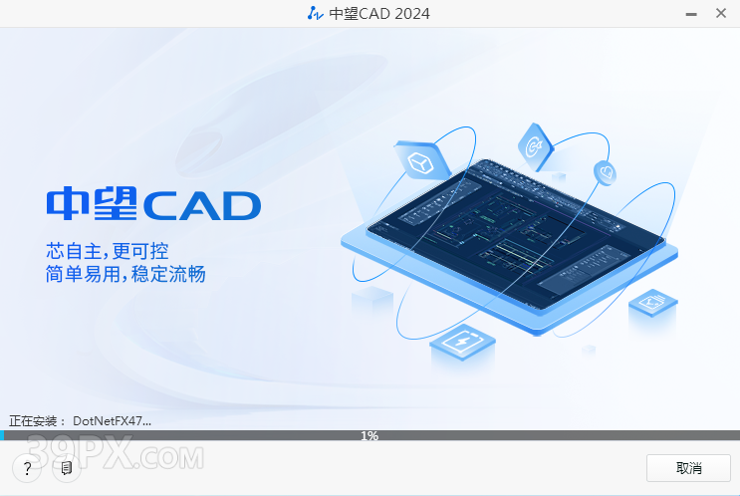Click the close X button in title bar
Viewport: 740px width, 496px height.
[721, 13]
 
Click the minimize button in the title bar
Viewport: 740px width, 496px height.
[691, 15]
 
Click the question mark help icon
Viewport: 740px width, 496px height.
[27, 468]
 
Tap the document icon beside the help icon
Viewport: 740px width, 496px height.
[67, 468]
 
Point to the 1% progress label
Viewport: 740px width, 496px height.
[370, 435]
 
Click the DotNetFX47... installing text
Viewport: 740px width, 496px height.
[112, 421]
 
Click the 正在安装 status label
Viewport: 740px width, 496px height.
[33, 421]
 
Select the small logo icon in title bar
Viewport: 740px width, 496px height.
[315, 14]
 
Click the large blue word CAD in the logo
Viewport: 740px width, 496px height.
[202, 206]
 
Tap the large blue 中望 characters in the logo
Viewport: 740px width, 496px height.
[92, 203]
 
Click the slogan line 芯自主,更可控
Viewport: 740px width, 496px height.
[108, 251]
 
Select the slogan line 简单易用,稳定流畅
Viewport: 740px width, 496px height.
[125, 274]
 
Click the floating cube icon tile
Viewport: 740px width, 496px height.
[421, 160]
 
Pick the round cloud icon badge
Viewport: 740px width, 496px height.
[605, 172]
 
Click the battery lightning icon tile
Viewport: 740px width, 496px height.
[462, 342]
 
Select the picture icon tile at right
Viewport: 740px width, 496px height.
[653, 302]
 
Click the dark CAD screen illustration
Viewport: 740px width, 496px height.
[515, 234]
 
